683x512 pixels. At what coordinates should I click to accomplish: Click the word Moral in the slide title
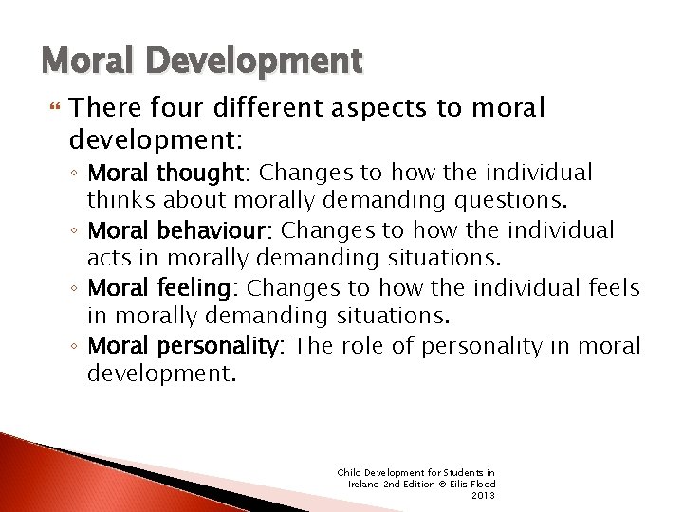(x=83, y=63)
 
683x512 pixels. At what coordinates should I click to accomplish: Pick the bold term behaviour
(x=224, y=230)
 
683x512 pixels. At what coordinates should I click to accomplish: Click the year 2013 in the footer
(x=484, y=495)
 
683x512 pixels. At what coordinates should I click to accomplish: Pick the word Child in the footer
(x=348, y=472)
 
